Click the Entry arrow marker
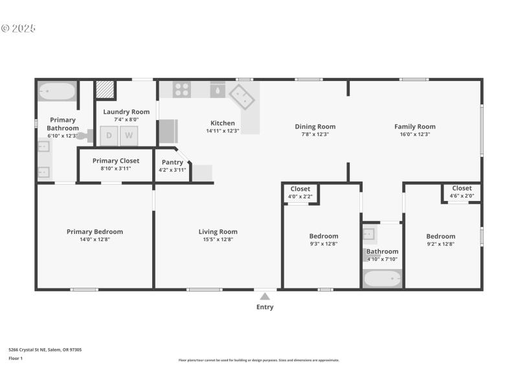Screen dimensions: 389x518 point(265,296)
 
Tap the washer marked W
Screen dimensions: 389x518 point(129,136)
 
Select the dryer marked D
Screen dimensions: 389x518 point(109,136)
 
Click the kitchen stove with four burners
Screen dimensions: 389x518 point(182,89)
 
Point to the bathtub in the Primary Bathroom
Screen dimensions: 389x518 point(57,91)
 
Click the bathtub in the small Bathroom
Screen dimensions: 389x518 point(382,279)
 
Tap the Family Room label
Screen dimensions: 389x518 point(414,126)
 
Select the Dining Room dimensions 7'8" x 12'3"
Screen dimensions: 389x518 point(315,134)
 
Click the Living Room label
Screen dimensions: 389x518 point(218,231)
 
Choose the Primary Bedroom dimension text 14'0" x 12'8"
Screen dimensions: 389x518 point(95,239)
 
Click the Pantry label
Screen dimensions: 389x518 point(172,162)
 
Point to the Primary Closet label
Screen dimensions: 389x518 point(115,161)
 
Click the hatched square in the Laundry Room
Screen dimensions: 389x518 point(105,89)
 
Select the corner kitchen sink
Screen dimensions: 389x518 point(242,97)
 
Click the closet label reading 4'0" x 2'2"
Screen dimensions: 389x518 point(300,196)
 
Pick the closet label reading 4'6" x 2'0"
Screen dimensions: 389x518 point(462,195)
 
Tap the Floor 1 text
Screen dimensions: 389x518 point(16,358)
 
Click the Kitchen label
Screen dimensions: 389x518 point(222,123)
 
